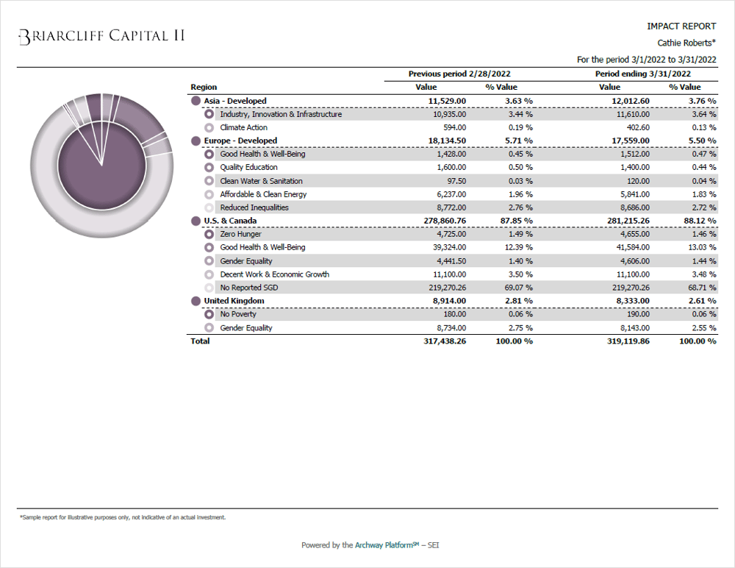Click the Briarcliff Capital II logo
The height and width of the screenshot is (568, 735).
tap(101, 36)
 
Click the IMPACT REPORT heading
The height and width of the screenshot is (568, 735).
tap(681, 26)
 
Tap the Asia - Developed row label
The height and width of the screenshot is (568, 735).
tap(235, 101)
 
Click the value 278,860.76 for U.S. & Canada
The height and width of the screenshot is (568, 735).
tap(440, 221)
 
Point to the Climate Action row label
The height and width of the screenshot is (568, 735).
tap(243, 127)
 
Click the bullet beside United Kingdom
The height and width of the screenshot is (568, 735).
tap(196, 301)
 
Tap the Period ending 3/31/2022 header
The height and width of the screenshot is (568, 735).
tap(643, 74)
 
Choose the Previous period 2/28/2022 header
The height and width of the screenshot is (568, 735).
tap(459, 74)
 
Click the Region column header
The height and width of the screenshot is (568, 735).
tap(204, 87)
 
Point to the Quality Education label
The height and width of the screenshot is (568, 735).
tap(248, 167)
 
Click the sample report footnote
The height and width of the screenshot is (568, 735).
tap(122, 517)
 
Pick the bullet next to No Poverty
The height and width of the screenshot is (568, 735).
tap(209, 314)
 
